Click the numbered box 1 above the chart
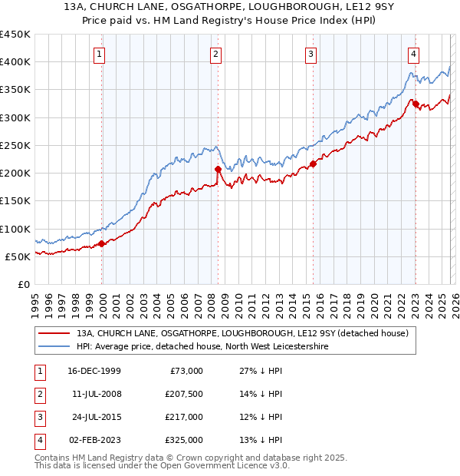pyautogui.click(x=100, y=54)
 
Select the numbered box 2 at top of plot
pyautogui.click(x=216, y=54)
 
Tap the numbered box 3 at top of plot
pyautogui.click(x=311, y=54)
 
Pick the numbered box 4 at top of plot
pyautogui.click(x=413, y=54)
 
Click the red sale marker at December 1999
pyautogui.click(x=102, y=244)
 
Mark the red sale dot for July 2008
pyautogui.click(x=219, y=169)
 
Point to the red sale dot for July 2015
pyautogui.click(x=313, y=164)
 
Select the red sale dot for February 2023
pyautogui.click(x=415, y=104)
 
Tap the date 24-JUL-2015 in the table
pyautogui.click(x=97, y=417)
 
